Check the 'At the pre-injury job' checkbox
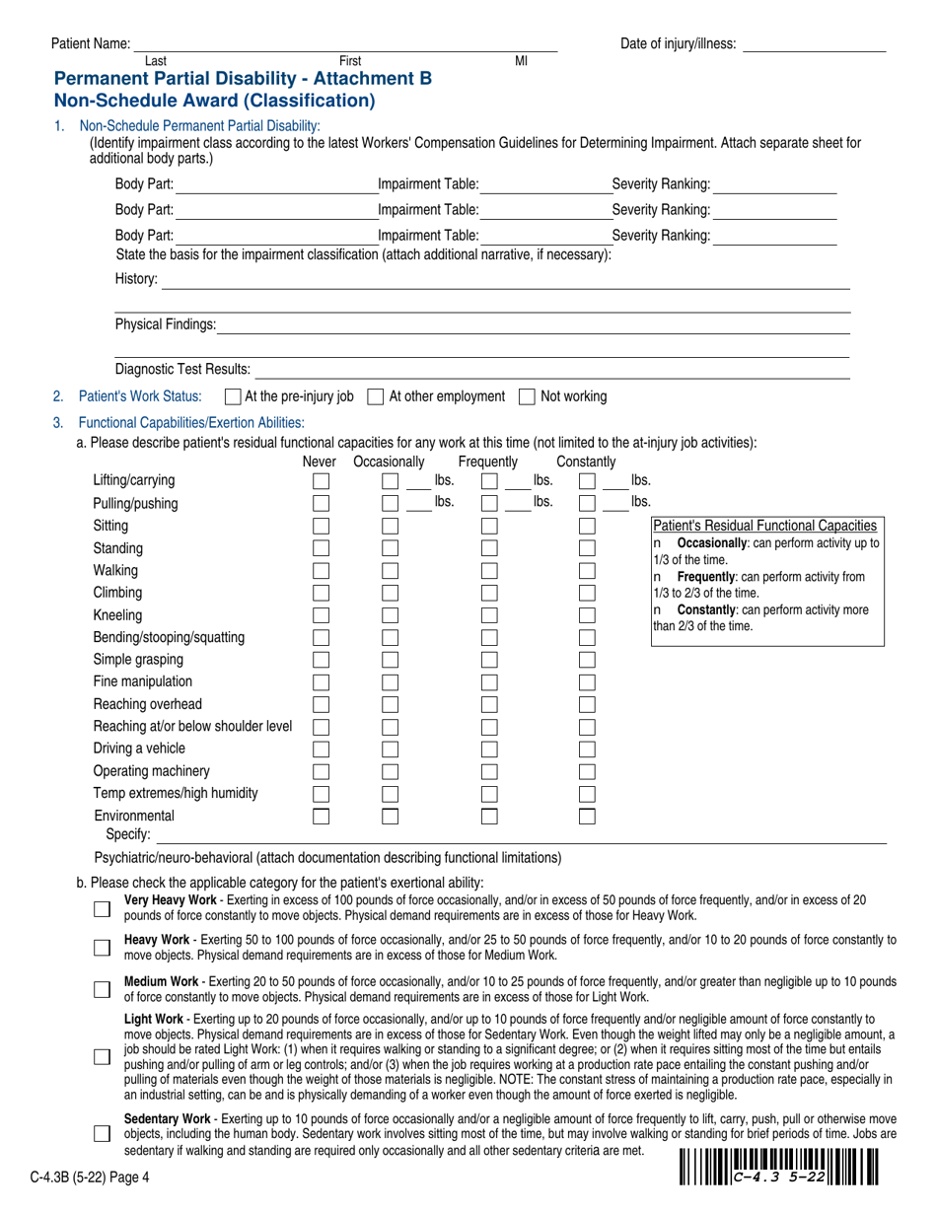[233, 396]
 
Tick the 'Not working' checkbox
[527, 396]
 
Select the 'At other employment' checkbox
[375, 396]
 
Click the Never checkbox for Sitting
[321, 526]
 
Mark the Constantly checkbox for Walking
[587, 570]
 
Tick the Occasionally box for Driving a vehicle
[390, 749]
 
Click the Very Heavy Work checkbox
[102, 908]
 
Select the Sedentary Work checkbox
[102, 1133]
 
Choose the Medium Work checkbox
[102, 989]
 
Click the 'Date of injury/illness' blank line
[814, 43]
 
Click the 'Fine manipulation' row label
[143, 681]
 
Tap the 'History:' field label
[136, 279]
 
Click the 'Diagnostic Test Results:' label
[182, 369]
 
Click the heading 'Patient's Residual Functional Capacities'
[765, 526]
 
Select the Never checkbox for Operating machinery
[321, 771]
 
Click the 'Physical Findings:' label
[165, 323]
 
